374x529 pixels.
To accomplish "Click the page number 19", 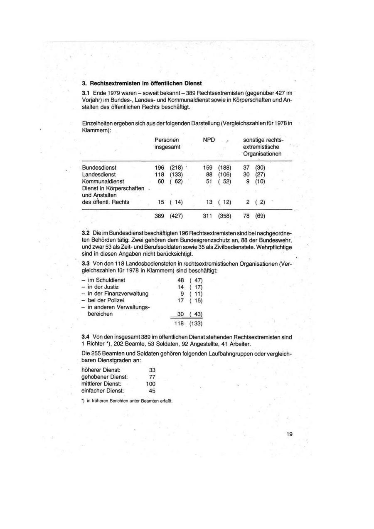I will pos(289,434).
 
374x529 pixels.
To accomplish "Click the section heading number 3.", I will pos(84,83).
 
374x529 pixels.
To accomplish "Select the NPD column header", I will pos(209,140).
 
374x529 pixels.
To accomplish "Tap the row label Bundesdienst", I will pos(99,168).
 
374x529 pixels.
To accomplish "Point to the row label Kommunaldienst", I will pos(103,181).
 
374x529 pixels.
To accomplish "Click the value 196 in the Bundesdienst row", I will pos(159,168).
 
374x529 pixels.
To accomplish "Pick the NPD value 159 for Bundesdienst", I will pos(207,168).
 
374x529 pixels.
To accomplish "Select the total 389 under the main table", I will pos(159,216).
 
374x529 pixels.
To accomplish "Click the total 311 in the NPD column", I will pos(207,216).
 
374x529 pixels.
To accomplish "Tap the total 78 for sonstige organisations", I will pos(246,216).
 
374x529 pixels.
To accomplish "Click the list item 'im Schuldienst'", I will pos(106,280).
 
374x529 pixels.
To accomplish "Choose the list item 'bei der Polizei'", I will pos(106,300).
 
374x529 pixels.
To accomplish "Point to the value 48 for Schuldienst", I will pos(180,280).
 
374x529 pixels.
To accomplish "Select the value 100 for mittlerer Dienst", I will pos(151,383).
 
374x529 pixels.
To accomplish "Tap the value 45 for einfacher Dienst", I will pos(152,391).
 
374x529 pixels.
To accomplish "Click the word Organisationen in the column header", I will pos(262,154).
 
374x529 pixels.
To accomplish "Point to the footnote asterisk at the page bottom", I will pos(83,400).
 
